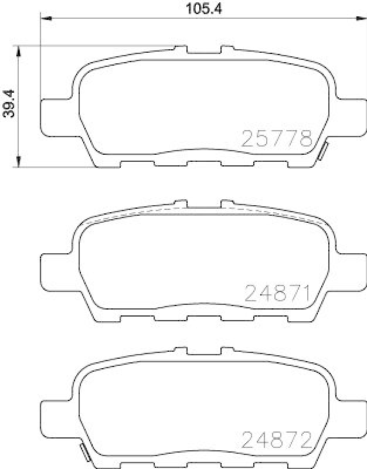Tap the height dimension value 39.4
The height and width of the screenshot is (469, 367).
click(8, 104)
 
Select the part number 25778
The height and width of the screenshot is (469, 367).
click(276, 139)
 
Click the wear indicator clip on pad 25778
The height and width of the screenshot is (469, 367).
click(322, 151)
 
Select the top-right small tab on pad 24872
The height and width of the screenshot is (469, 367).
click(226, 351)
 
